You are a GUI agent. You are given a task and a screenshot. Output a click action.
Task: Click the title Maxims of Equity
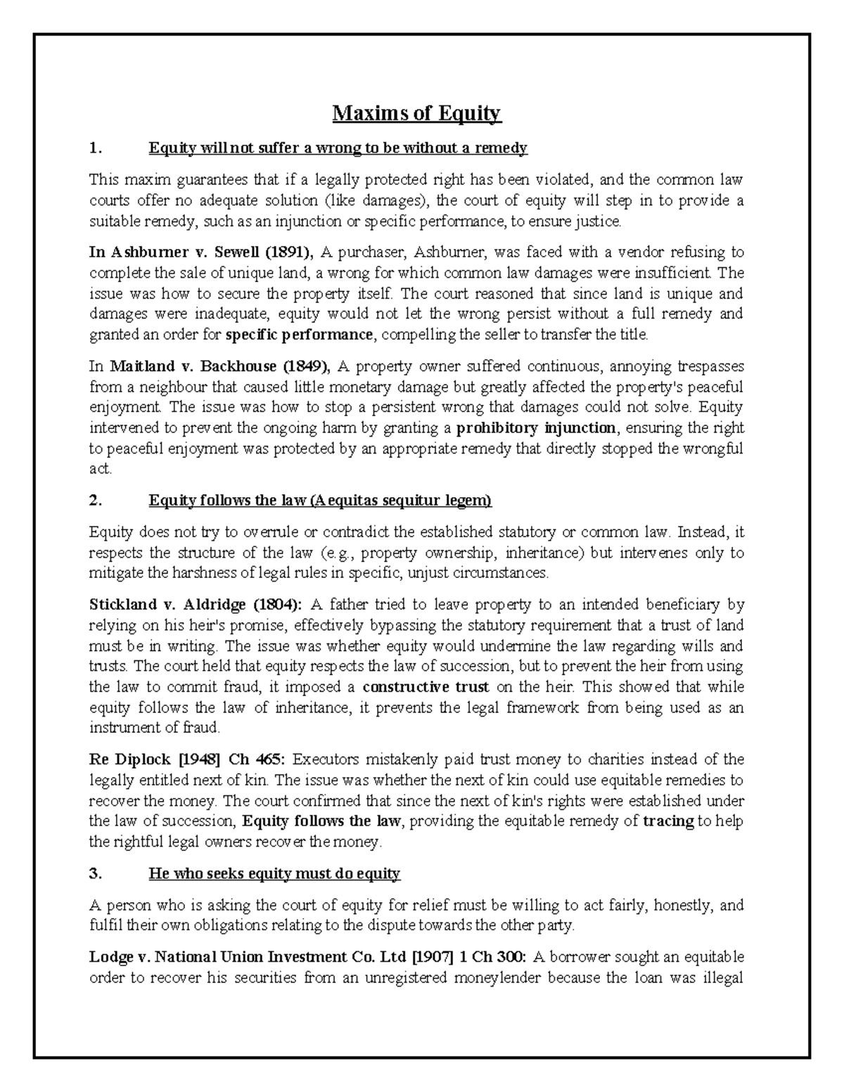click(416, 113)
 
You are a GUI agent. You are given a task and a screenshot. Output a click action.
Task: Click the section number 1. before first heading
click(96, 148)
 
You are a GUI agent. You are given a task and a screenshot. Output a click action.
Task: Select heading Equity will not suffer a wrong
click(338, 148)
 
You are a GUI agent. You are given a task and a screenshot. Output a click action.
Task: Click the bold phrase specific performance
click(299, 335)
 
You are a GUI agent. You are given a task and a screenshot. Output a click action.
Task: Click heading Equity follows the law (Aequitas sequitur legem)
click(320, 501)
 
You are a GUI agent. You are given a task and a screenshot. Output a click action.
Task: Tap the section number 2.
click(96, 501)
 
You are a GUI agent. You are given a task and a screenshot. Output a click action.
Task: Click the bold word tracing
click(668, 821)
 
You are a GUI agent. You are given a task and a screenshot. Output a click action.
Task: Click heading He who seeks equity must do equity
click(274, 874)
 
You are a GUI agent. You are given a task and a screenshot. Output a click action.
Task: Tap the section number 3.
click(96, 874)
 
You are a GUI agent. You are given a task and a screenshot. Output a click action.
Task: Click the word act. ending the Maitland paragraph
click(101, 469)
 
